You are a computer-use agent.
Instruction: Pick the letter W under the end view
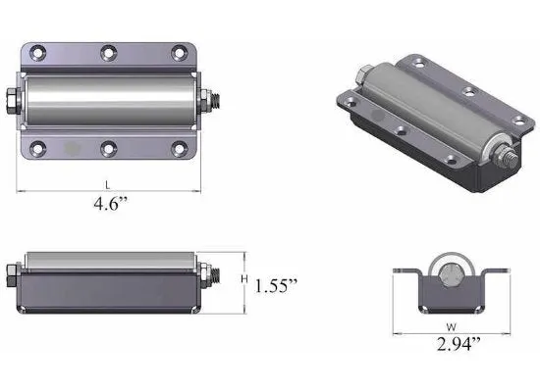(450, 327)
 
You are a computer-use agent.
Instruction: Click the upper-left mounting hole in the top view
(38, 52)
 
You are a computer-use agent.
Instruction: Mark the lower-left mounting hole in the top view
(38, 149)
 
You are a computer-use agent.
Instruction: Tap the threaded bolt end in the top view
(213, 100)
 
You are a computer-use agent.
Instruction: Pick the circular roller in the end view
(449, 276)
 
